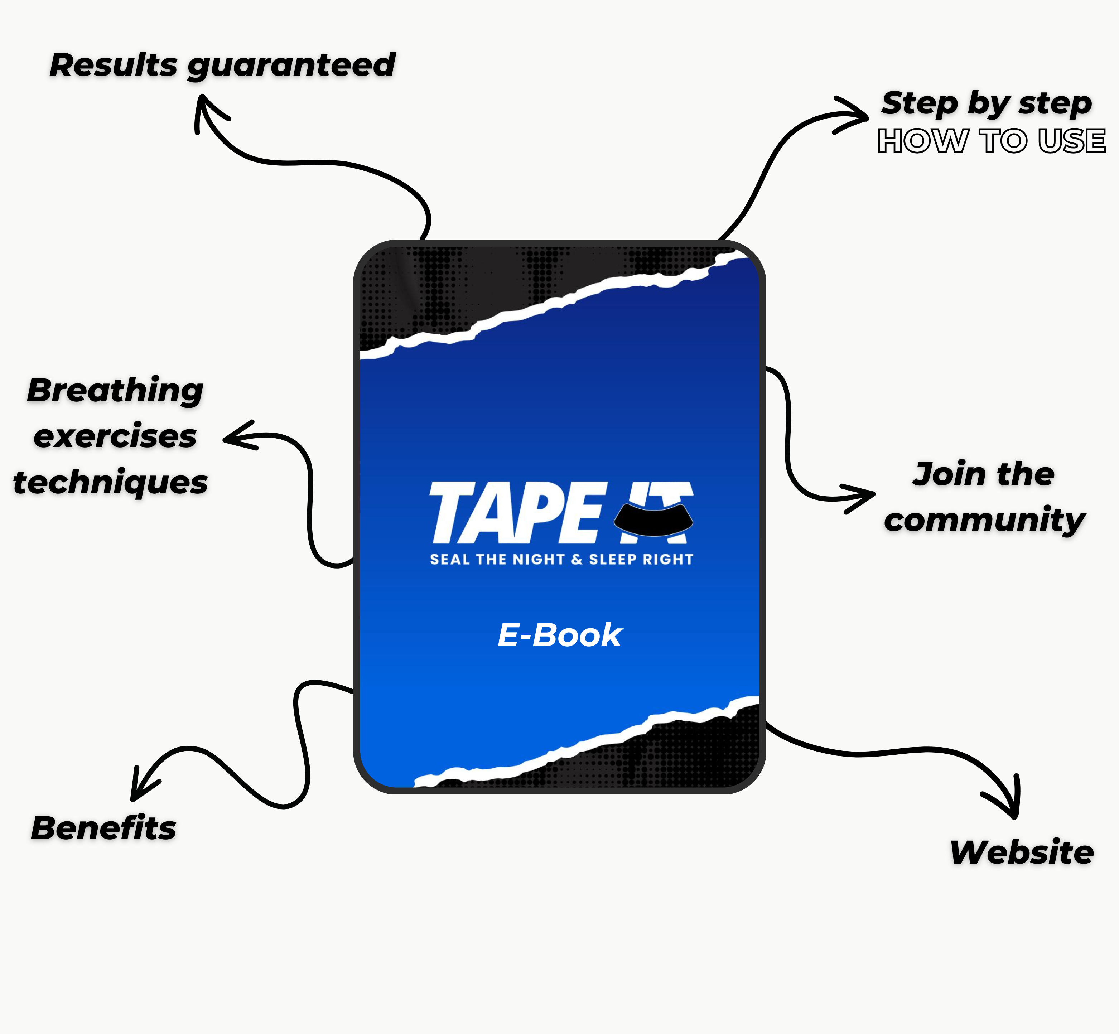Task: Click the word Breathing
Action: tap(115, 391)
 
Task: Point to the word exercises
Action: tap(115, 436)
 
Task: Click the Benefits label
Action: tap(103, 828)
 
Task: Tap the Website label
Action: tap(1022, 853)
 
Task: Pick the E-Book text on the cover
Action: tap(559, 635)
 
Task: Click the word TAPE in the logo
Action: tap(516, 513)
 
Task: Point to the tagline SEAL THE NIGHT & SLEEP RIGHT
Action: tap(561, 560)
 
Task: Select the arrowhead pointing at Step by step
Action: tap(856, 115)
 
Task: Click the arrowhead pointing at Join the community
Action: tap(864, 495)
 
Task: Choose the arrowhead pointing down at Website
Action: tap(1013, 806)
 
